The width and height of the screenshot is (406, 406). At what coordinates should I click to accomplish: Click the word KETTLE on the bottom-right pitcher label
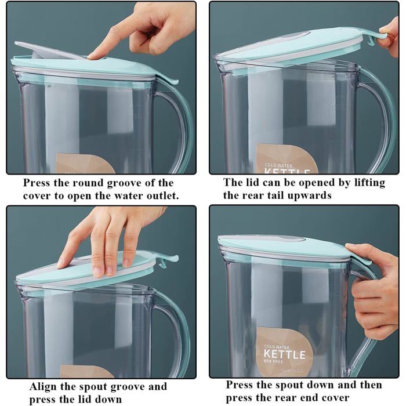285,354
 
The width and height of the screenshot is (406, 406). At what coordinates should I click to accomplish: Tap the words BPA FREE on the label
273,361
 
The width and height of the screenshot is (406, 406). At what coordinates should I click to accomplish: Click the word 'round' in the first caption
88,183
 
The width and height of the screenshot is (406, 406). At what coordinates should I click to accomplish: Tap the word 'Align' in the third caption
43,387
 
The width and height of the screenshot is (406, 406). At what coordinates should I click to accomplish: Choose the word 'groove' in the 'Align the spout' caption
125,387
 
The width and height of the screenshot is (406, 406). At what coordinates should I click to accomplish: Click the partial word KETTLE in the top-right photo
287,172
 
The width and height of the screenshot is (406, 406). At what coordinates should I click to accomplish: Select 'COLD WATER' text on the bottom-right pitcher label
277,346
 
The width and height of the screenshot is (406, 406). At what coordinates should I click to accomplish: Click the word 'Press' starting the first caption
36,183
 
